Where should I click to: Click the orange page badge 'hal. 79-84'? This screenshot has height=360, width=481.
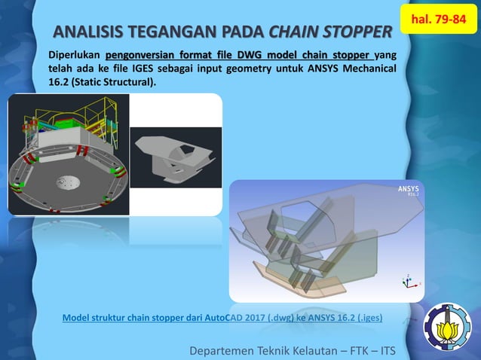coord(439,17)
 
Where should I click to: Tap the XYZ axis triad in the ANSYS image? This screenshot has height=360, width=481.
coord(407,282)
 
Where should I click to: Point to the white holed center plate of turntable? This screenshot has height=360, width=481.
coord(66,182)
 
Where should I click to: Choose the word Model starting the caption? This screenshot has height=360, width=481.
coord(78,318)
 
